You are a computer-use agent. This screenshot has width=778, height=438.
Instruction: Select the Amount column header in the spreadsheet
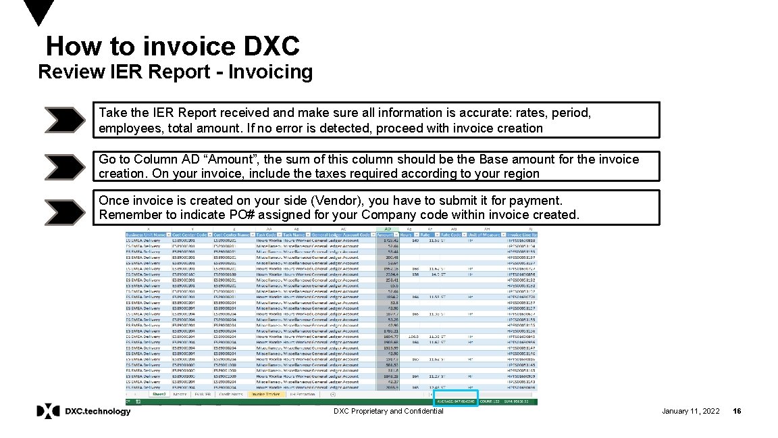(x=386, y=235)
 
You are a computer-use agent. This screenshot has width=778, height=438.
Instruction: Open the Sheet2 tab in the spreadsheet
(x=159, y=393)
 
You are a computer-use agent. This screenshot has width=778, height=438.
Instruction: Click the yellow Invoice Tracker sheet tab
(x=264, y=393)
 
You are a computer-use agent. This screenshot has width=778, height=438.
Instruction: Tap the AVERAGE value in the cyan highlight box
(x=456, y=401)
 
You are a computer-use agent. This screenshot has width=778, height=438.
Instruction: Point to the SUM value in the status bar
(x=522, y=401)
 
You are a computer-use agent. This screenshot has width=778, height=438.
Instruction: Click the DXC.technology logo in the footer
(x=84, y=411)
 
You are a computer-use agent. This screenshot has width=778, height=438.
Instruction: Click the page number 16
(x=737, y=411)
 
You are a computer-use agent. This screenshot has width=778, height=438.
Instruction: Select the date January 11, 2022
(x=690, y=411)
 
